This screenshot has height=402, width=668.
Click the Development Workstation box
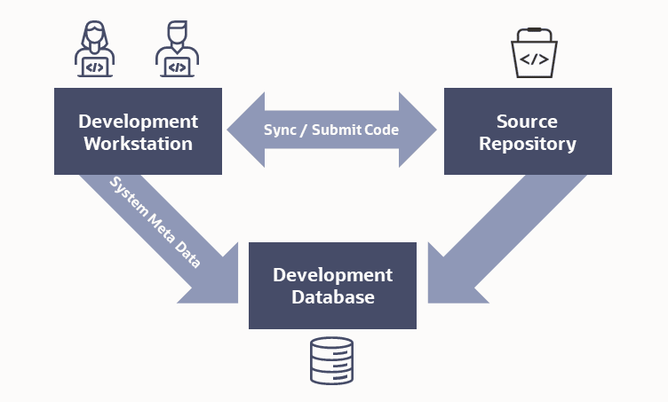click(x=138, y=131)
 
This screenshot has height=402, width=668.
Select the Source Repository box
click(x=528, y=131)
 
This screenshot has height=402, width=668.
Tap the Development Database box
click(x=332, y=285)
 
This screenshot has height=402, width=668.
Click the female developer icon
click(x=95, y=51)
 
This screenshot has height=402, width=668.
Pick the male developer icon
click(x=178, y=51)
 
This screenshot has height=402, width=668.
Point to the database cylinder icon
click(x=331, y=360)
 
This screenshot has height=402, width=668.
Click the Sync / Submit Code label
click(x=331, y=130)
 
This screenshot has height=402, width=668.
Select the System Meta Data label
click(x=155, y=222)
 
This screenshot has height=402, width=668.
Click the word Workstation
click(x=138, y=143)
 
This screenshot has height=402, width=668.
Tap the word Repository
click(x=528, y=143)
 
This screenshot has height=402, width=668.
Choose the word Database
click(x=332, y=296)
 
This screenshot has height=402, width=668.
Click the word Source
click(x=528, y=121)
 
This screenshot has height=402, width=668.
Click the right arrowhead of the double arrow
click(x=418, y=130)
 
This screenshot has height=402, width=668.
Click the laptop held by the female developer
click(x=95, y=67)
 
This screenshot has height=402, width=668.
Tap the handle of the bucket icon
click(x=533, y=37)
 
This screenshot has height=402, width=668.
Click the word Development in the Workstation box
click(x=138, y=121)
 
